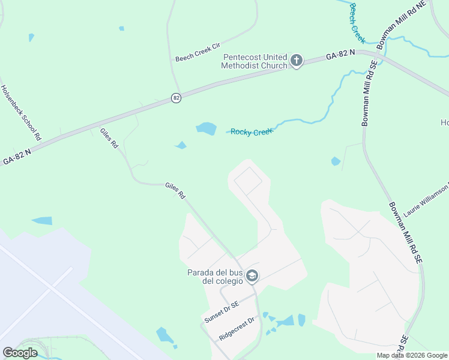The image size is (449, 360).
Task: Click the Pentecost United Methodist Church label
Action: click(255, 61)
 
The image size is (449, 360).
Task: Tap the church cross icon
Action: click(296, 61)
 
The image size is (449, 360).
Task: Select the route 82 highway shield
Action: click(175, 98)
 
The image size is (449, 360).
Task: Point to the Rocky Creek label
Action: click(252, 132)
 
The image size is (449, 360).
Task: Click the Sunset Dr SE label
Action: click(221, 313)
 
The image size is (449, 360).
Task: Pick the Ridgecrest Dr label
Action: click(237, 328)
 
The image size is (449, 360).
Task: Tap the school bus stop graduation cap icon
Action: click(252, 275)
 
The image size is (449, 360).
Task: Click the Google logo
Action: click(20, 353)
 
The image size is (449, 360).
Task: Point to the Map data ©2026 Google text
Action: click(412, 355)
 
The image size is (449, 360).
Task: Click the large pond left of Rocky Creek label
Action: click(206, 128)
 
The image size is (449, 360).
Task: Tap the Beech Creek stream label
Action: click(357, 23)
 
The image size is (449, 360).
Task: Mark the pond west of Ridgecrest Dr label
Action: click(164, 334)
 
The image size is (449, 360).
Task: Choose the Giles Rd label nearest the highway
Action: click(109, 139)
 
